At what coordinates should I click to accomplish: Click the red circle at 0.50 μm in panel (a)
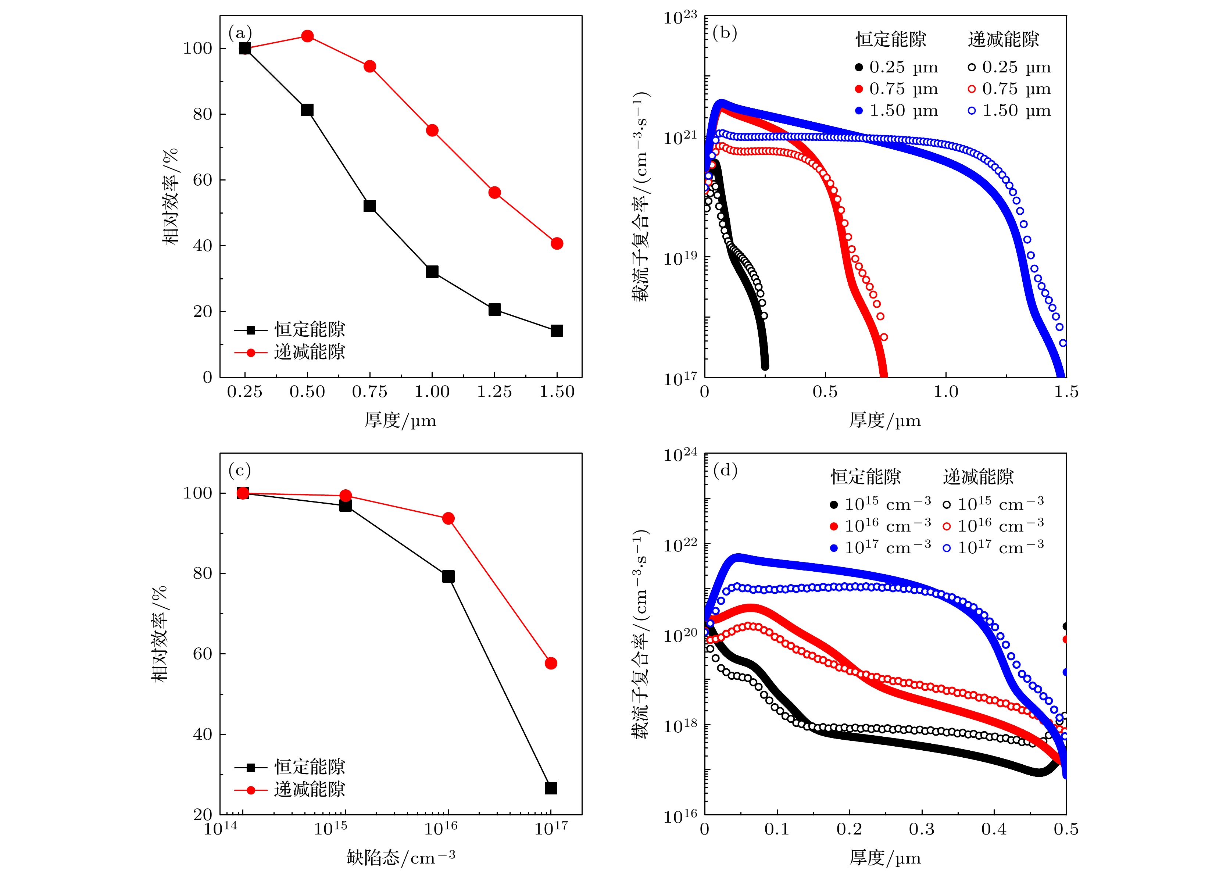pyautogui.click(x=307, y=36)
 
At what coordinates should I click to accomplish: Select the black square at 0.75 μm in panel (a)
pyautogui.click(x=369, y=206)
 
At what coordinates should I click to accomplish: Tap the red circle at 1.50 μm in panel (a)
pyautogui.click(x=557, y=244)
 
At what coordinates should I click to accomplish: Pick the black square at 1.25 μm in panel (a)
pyautogui.click(x=494, y=309)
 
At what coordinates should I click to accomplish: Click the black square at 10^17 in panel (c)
pyautogui.click(x=551, y=788)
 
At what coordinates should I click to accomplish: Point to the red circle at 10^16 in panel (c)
pyautogui.click(x=448, y=518)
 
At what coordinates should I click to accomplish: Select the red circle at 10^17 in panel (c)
pyautogui.click(x=551, y=663)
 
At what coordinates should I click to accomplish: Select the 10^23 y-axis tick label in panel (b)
pyautogui.click(x=680, y=17)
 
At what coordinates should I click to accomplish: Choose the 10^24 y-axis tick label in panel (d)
pyautogui.click(x=680, y=455)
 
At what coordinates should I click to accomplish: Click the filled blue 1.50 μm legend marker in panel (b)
pyautogui.click(x=858, y=111)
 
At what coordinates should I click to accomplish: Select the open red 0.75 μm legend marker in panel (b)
pyautogui.click(x=971, y=89)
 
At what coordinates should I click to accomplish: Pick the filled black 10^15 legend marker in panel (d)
pyautogui.click(x=833, y=505)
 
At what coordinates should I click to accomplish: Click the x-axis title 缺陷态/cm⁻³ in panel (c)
pyautogui.click(x=401, y=857)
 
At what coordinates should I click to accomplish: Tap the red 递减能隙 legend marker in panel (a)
pyautogui.click(x=250, y=353)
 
